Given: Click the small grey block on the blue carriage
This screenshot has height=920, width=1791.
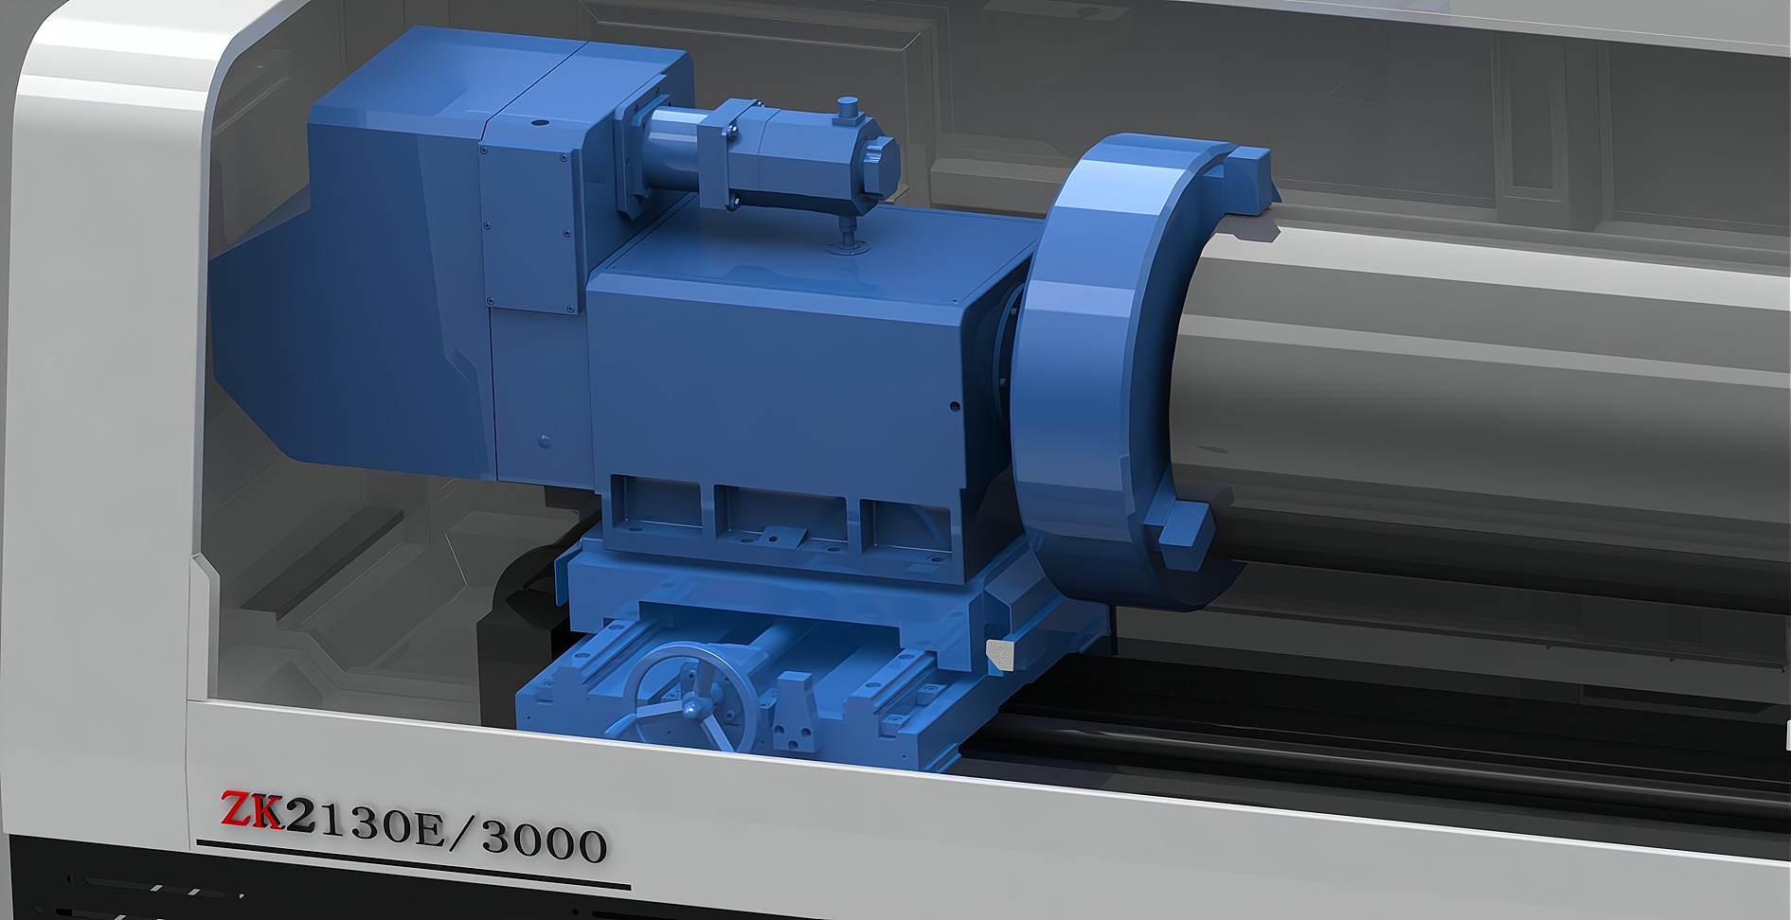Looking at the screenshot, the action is pyautogui.click(x=999, y=652).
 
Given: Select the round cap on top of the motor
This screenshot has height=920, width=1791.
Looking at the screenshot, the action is pyautogui.click(x=848, y=106).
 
